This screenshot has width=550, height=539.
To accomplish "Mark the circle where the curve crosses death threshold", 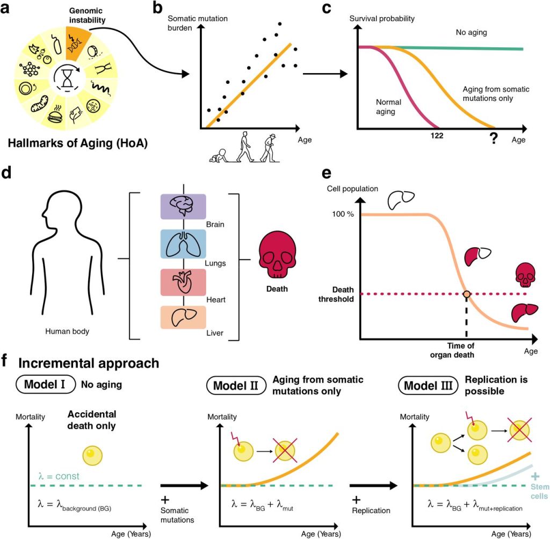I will (x=466, y=293).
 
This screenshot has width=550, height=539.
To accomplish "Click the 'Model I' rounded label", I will (x=47, y=385).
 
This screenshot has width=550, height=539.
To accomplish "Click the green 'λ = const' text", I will (x=59, y=476).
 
